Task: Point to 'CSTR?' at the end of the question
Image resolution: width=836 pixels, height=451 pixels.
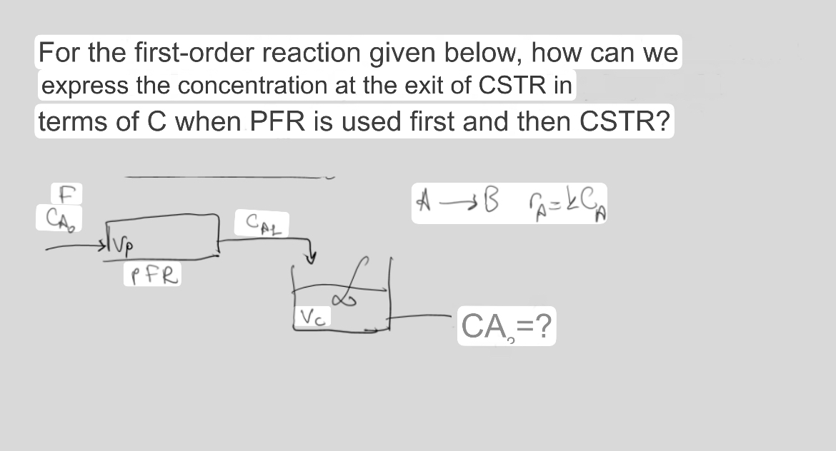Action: [624, 121]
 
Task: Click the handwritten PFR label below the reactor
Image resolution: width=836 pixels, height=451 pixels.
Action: [153, 274]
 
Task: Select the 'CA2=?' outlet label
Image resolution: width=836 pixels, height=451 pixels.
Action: [506, 329]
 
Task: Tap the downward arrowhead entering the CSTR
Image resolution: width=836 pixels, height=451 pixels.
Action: [312, 255]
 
